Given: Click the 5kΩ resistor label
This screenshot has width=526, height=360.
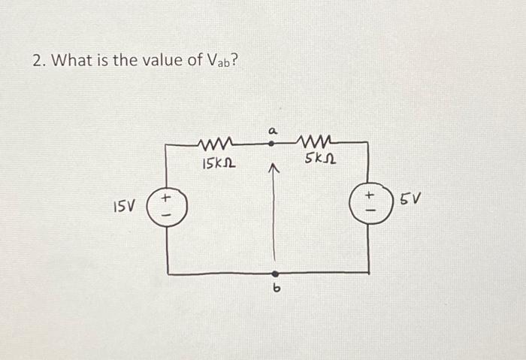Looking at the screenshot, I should click(321, 160).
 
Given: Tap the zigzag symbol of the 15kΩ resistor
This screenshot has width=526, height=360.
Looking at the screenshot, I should click(216, 144).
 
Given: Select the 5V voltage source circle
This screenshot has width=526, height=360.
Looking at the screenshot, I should click(368, 204).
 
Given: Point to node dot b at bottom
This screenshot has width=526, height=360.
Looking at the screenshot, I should click(275, 274).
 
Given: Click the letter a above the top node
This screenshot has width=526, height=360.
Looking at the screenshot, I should click(273, 130).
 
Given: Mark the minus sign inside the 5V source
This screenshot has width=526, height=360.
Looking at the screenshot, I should click(368, 212).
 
